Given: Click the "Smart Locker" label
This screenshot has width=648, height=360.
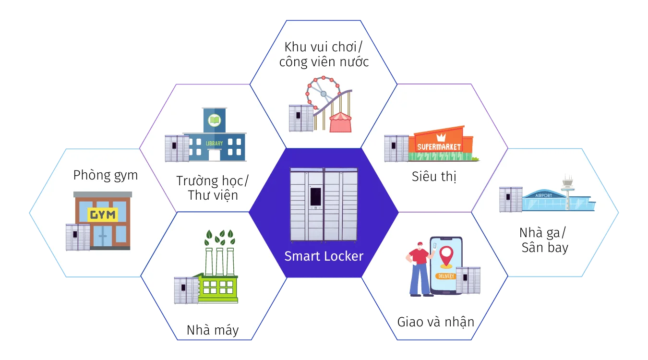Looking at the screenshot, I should (x=324, y=256).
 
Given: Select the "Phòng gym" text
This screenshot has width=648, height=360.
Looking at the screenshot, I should (x=106, y=175).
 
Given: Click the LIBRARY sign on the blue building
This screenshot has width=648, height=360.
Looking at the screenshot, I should (x=214, y=143).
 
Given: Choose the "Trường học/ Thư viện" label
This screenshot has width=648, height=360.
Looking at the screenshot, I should (x=213, y=188).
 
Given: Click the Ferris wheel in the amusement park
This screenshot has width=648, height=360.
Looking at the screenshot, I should (x=324, y=94).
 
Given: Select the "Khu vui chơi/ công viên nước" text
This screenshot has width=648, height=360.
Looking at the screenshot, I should (x=324, y=54).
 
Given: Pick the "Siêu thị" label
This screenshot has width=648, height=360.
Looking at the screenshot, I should (x=434, y=176).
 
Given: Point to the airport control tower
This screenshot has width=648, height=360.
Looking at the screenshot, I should (x=568, y=190).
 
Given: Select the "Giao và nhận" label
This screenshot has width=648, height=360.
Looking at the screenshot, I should (x=435, y=322).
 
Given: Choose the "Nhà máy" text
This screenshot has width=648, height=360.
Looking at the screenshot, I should (x=212, y=330).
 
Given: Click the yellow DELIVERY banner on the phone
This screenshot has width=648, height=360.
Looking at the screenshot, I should (x=446, y=276).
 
